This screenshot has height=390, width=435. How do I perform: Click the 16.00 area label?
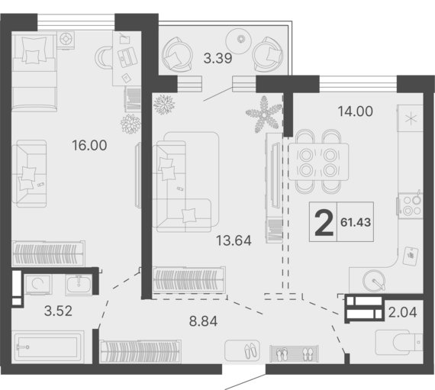tap(89, 145)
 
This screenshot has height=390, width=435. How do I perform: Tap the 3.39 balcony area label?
tap(217, 59)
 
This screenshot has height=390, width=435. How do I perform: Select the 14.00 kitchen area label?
tap(356, 111)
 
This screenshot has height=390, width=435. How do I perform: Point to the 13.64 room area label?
tap(234, 240)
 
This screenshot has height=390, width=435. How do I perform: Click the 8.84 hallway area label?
tap(203, 321)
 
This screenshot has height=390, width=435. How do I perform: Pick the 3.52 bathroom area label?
tap(58, 311)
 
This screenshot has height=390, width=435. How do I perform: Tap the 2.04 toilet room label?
tap(402, 313)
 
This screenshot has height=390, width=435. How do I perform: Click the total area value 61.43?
tap(356, 222)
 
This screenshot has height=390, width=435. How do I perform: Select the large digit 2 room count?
tap(324, 223)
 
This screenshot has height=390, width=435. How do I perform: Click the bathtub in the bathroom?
tap(48, 347)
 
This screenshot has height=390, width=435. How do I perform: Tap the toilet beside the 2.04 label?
tap(399, 342)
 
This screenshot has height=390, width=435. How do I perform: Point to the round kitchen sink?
tap(374, 281)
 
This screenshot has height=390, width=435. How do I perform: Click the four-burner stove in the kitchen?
tap(411, 205)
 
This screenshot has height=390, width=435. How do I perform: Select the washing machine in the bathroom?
tap(37, 285)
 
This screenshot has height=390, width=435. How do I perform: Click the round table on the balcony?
tap(239, 41)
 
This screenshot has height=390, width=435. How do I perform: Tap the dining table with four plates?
tap(318, 162)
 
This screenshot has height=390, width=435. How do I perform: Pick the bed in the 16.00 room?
tap(34, 71)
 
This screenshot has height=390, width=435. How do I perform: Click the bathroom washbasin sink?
tap(79, 285)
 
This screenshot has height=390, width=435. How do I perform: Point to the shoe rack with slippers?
tap(294, 353)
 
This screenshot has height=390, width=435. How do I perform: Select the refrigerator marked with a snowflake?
tap(410, 118)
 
